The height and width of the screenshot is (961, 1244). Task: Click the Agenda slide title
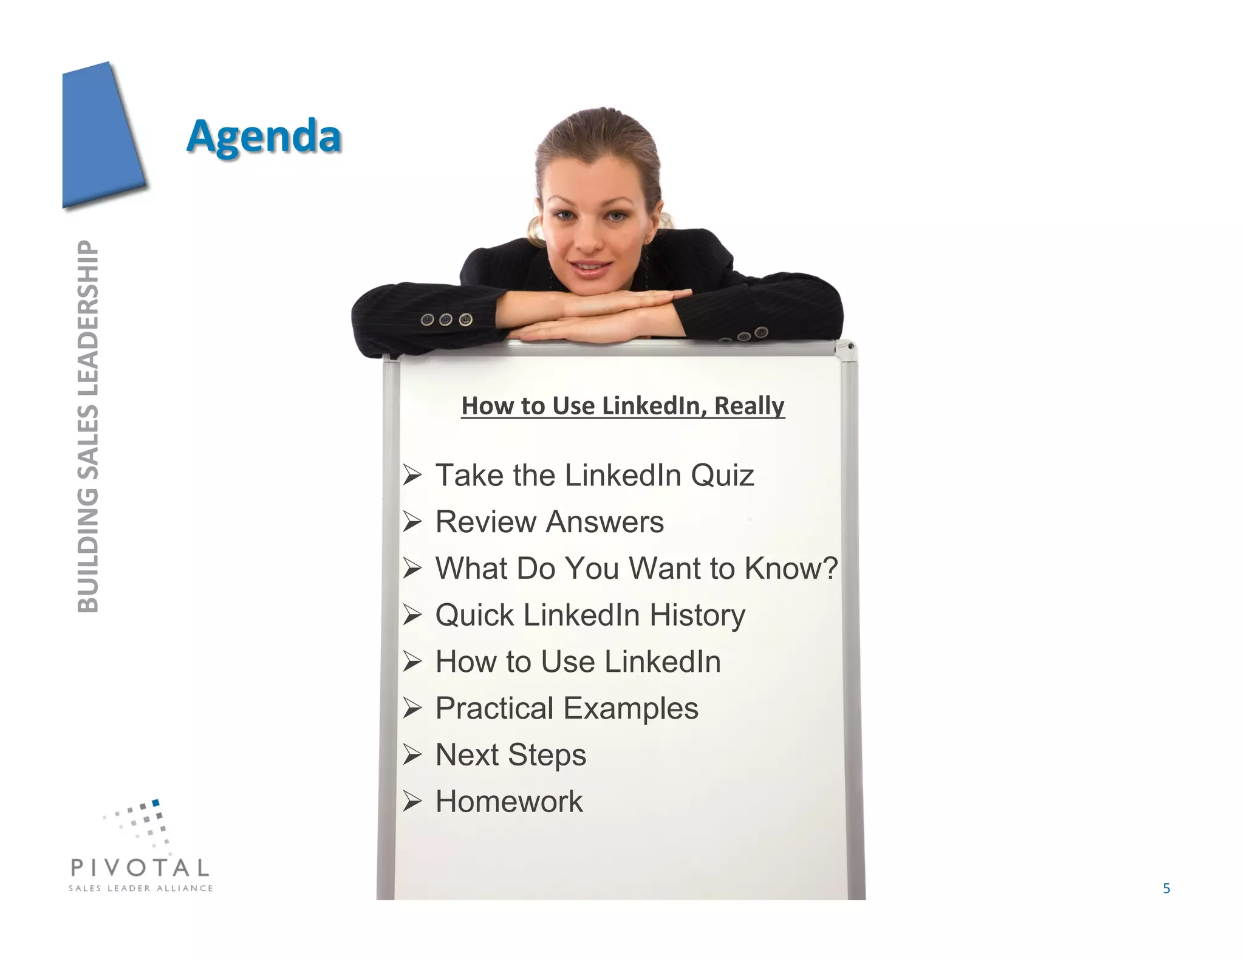[264, 136]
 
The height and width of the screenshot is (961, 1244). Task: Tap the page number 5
[1166, 889]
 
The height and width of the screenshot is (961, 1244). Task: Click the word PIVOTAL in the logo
[140, 867]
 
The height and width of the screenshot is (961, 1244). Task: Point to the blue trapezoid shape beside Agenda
[100, 137]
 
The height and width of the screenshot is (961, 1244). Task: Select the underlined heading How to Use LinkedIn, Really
[623, 406]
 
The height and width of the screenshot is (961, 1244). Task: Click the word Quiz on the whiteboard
[722, 475]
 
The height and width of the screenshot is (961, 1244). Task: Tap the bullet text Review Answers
[549, 522]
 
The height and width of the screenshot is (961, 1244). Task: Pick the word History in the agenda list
[697, 615]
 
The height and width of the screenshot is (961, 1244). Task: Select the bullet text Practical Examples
[567, 708]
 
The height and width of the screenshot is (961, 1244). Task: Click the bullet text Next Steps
[510, 755]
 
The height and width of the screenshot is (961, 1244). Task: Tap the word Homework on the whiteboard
[509, 802]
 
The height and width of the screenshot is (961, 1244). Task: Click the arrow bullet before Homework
[412, 802]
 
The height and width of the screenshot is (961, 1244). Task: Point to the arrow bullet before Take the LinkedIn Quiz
[412, 476]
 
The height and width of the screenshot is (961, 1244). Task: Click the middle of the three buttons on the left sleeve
[446, 320]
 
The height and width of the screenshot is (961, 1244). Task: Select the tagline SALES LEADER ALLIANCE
[140, 888]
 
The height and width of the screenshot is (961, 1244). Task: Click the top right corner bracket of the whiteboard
[847, 349]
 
